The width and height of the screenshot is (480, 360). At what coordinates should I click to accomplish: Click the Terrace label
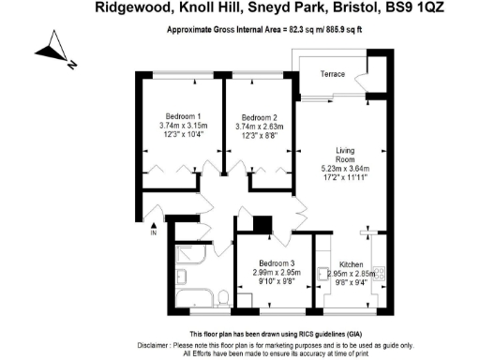tap(333, 73)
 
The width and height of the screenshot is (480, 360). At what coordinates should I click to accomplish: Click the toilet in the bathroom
tap(223, 299)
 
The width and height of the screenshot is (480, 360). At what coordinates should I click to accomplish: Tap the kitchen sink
tap(379, 249)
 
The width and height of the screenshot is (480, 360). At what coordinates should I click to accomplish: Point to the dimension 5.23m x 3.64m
tap(350, 170)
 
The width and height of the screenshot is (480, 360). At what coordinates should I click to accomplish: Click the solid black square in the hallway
tap(262, 224)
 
